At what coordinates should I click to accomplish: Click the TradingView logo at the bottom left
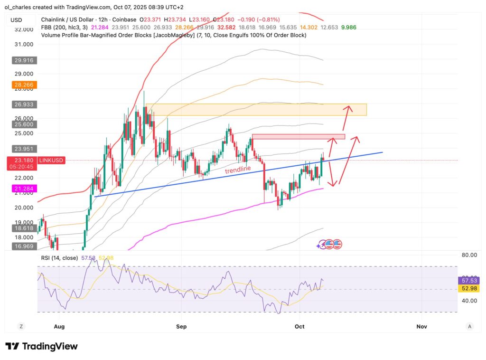point(41,346)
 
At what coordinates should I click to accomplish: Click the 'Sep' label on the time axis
point(181,326)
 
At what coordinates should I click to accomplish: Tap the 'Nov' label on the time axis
point(421,326)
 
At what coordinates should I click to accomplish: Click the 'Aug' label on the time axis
point(59,326)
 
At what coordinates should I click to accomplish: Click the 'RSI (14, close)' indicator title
point(60,258)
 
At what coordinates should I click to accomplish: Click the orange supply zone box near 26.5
point(256,110)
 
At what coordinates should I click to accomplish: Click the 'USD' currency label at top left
point(16,19)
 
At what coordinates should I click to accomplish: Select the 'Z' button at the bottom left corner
point(21,326)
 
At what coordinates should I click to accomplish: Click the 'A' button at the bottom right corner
point(469,326)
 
